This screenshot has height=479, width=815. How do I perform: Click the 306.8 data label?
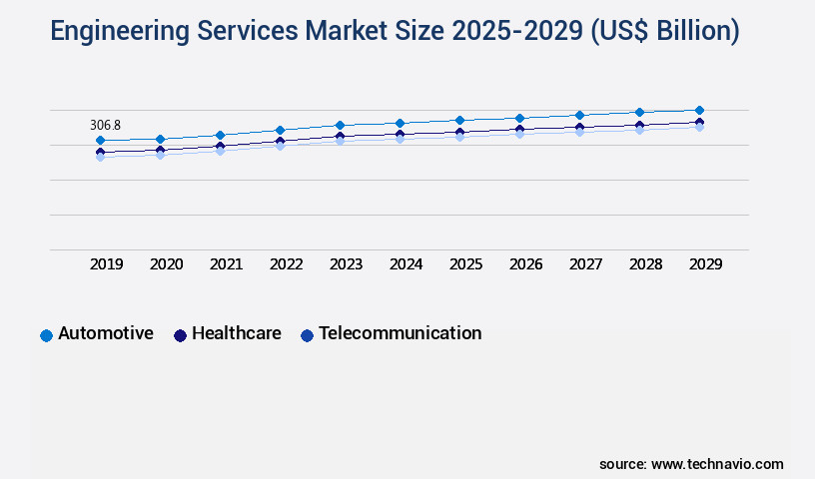[105, 125]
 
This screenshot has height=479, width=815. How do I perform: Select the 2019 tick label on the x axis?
[106, 264]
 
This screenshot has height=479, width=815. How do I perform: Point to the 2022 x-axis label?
[286, 264]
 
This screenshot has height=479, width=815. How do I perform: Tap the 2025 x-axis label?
[465, 264]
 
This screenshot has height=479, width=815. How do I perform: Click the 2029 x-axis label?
[705, 264]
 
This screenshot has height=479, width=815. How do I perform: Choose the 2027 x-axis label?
[585, 264]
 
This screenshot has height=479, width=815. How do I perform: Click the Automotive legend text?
[106, 333]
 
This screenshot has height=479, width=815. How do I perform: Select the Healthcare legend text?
[236, 333]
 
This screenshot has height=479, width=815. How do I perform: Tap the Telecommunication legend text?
[400, 333]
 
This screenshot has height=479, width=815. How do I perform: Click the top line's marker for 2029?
[699, 110]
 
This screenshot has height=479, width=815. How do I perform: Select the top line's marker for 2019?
[100, 141]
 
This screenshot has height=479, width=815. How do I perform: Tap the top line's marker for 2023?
[340, 126]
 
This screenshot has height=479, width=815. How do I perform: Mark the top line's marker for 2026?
[519, 118]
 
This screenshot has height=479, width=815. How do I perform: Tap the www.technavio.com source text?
[717, 464]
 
